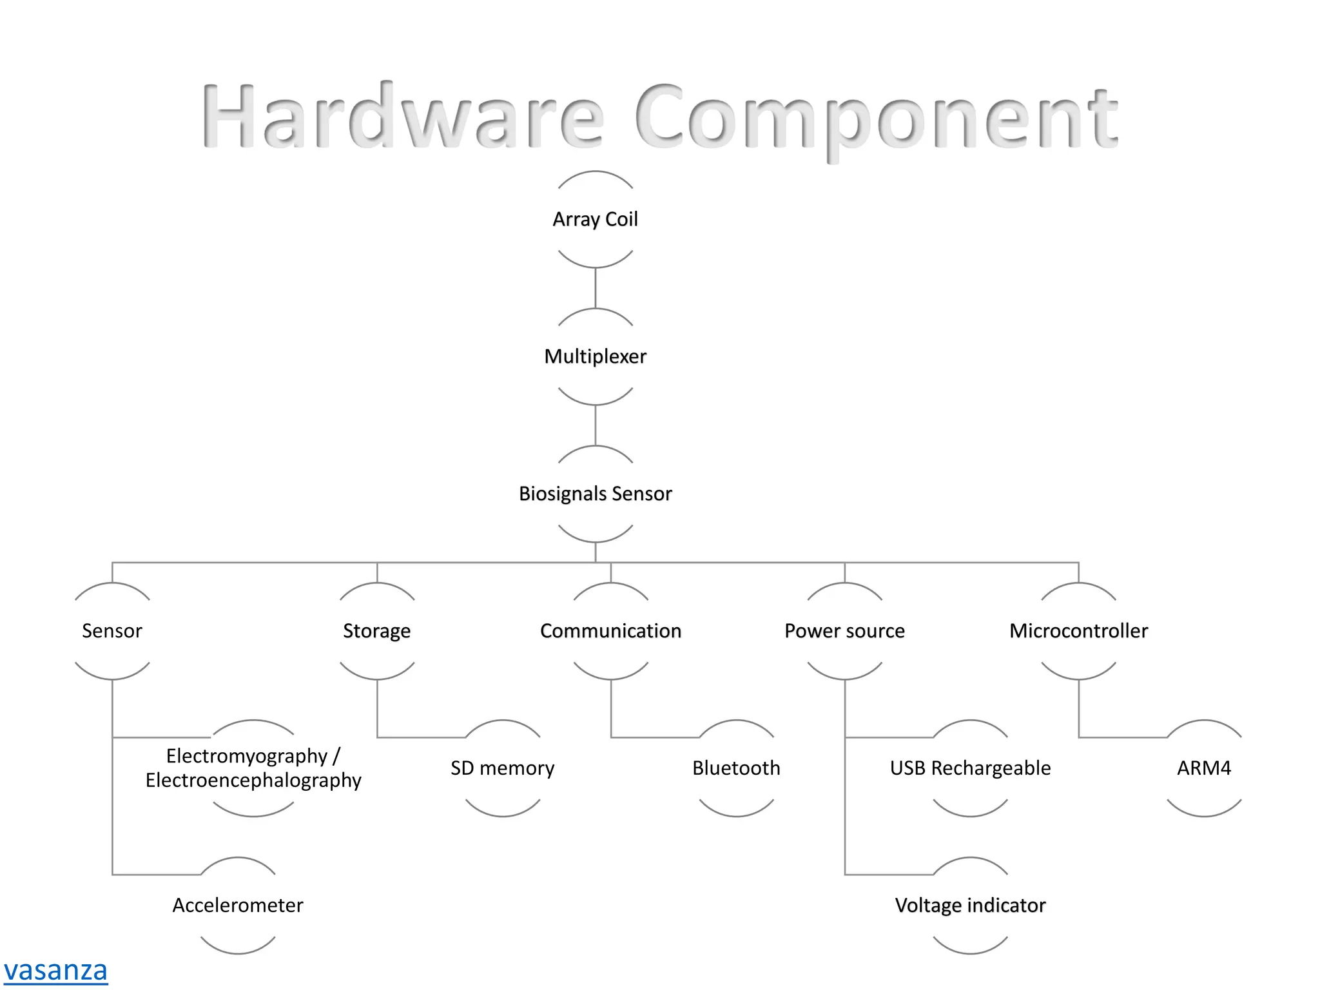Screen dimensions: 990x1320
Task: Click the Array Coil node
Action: [595, 219]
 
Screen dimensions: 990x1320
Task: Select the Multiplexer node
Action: [595, 356]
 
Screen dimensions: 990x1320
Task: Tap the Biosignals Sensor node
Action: [595, 494]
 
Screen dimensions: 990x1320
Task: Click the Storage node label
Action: [376, 631]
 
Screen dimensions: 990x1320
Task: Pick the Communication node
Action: [610, 631]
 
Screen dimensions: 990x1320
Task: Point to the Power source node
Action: [844, 631]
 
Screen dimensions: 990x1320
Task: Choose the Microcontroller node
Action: [1078, 631]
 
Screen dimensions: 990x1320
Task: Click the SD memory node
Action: [502, 768]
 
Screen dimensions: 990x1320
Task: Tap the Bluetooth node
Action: [736, 768]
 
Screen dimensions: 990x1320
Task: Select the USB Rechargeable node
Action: [970, 768]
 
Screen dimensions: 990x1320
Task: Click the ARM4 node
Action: [1204, 768]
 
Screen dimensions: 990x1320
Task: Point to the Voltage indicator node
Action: [970, 906]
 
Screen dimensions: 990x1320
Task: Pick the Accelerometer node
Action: [238, 906]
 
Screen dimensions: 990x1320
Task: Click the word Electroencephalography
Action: [253, 781]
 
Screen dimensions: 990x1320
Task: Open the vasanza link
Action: [55, 970]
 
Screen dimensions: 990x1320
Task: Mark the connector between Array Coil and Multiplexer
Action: [595, 288]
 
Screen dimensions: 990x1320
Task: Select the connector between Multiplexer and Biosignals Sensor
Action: [595, 425]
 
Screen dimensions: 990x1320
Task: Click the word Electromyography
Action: [246, 755]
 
